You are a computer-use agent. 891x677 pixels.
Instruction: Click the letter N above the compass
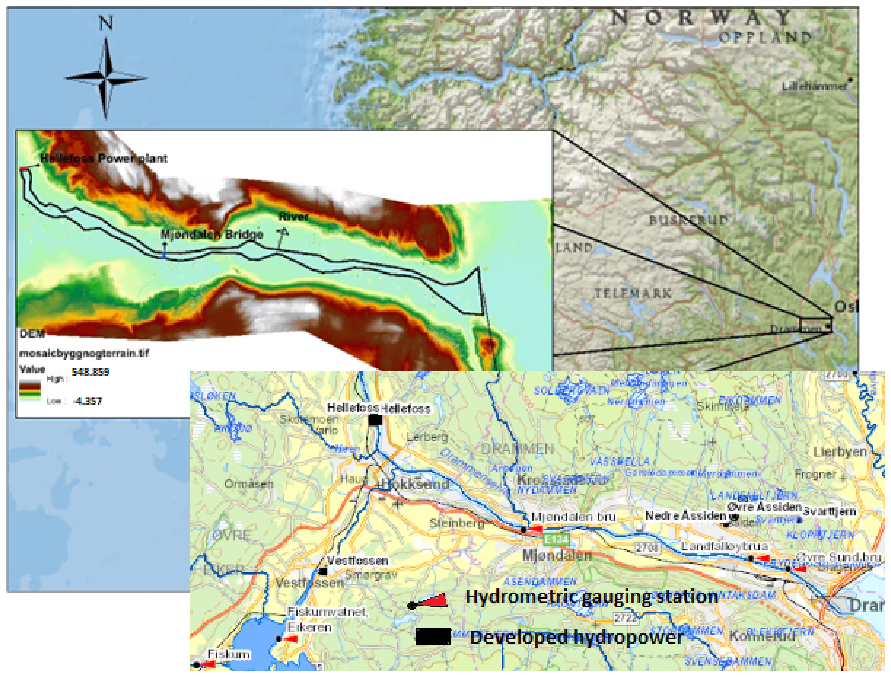[x=106, y=23]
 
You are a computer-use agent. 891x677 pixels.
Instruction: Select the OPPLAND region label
[x=765, y=38]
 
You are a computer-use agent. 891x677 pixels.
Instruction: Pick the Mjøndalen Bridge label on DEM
[x=212, y=234]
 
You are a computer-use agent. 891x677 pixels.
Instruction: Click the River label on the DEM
[x=293, y=217]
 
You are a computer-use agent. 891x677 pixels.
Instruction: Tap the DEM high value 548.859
[x=90, y=372]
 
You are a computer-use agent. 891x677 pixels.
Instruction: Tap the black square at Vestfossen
[x=323, y=571]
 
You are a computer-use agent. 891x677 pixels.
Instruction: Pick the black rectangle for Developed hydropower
[x=433, y=636]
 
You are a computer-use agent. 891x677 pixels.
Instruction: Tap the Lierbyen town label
[x=840, y=452]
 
